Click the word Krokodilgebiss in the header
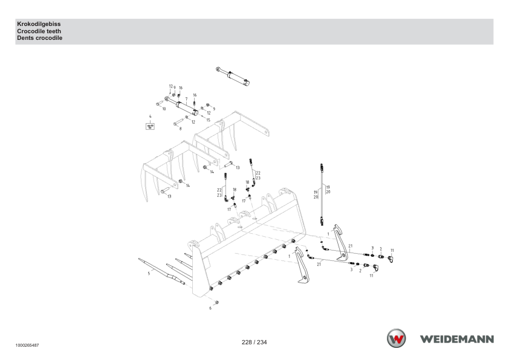tap(39, 24)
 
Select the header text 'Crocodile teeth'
tap(39, 31)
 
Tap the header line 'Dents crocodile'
tap(40, 38)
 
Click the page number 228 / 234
tap(254, 342)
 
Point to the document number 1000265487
tap(27, 346)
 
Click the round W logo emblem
tap(396, 338)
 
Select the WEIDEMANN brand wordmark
tap(457, 339)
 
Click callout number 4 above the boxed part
tap(150, 117)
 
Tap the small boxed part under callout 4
tap(150, 126)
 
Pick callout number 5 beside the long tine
tap(149, 274)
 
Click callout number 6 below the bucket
tap(210, 308)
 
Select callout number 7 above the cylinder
tap(186, 99)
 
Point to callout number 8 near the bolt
tap(181, 129)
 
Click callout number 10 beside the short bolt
tap(164, 109)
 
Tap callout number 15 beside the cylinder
tap(208, 120)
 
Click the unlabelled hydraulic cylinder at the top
tap(233, 77)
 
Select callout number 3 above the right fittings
tap(372, 248)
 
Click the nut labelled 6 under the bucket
tap(217, 302)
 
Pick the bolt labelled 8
tap(178, 122)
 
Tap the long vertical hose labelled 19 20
tap(322, 194)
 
